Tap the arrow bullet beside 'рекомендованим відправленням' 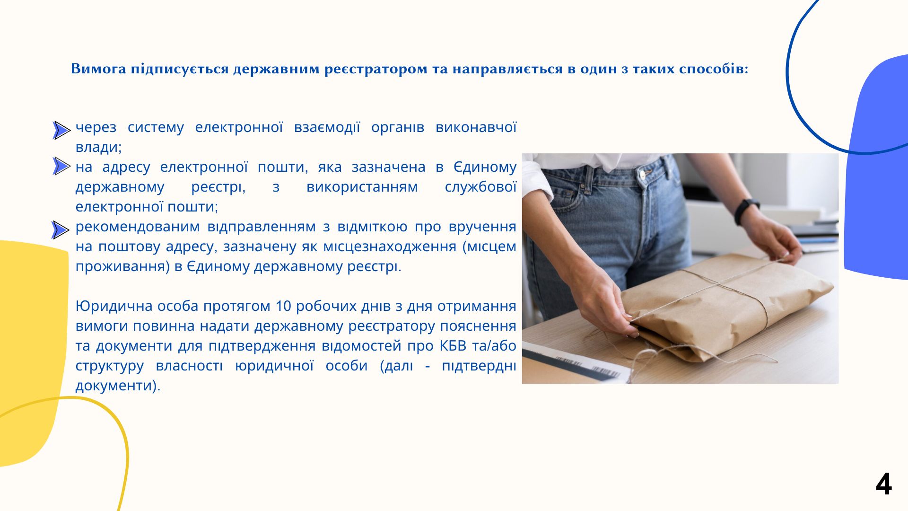(61, 230)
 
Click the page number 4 (883, 484)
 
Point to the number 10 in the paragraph (283, 306)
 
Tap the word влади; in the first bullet (99, 147)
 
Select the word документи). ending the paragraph (118, 386)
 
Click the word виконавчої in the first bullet (476, 127)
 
